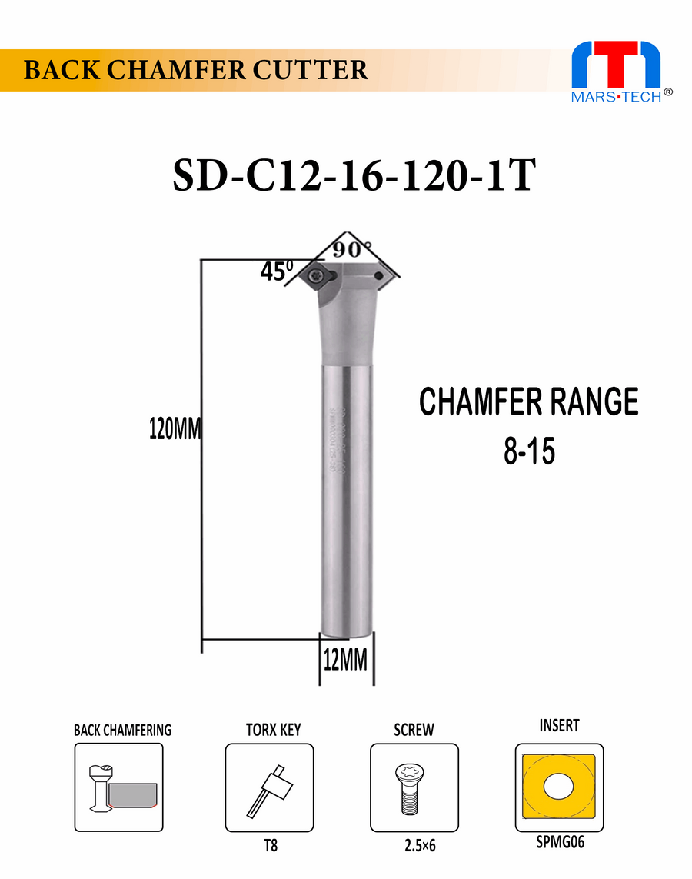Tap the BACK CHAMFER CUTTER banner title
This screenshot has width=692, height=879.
click(196, 70)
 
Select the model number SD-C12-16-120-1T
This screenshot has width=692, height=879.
click(353, 176)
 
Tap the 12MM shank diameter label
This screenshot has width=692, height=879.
click(344, 660)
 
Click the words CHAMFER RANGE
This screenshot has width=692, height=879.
click(529, 402)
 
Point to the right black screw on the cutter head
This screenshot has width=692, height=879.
click(378, 275)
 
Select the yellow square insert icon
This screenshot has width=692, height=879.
click(559, 787)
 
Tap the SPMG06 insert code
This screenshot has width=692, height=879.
click(560, 842)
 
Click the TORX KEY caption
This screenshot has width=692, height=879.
click(273, 729)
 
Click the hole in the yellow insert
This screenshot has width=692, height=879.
click(559, 787)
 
